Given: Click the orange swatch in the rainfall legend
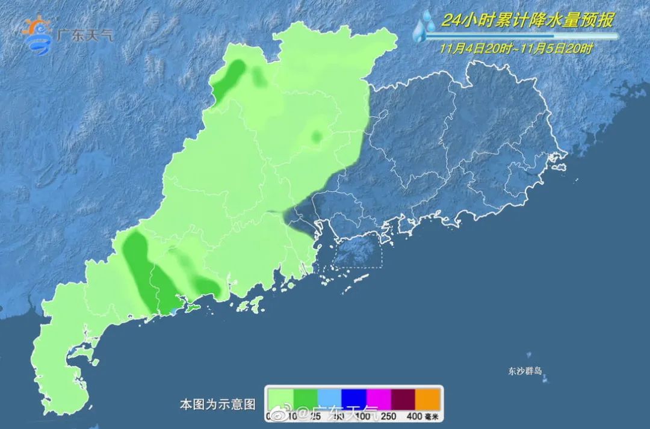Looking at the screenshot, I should click(428, 398).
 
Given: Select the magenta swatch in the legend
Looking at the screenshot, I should click(379, 398).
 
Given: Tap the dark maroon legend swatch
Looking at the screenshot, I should click(403, 398).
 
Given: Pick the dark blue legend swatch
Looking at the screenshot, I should click(354, 398).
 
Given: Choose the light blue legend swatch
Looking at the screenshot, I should click(329, 398).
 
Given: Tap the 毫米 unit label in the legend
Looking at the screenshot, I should click(432, 415).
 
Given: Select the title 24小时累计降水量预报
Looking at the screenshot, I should click(527, 21).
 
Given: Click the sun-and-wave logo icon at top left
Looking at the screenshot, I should click(38, 34).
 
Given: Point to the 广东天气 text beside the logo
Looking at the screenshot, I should click(84, 34).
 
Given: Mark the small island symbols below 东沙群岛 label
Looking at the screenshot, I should click(545, 380).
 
